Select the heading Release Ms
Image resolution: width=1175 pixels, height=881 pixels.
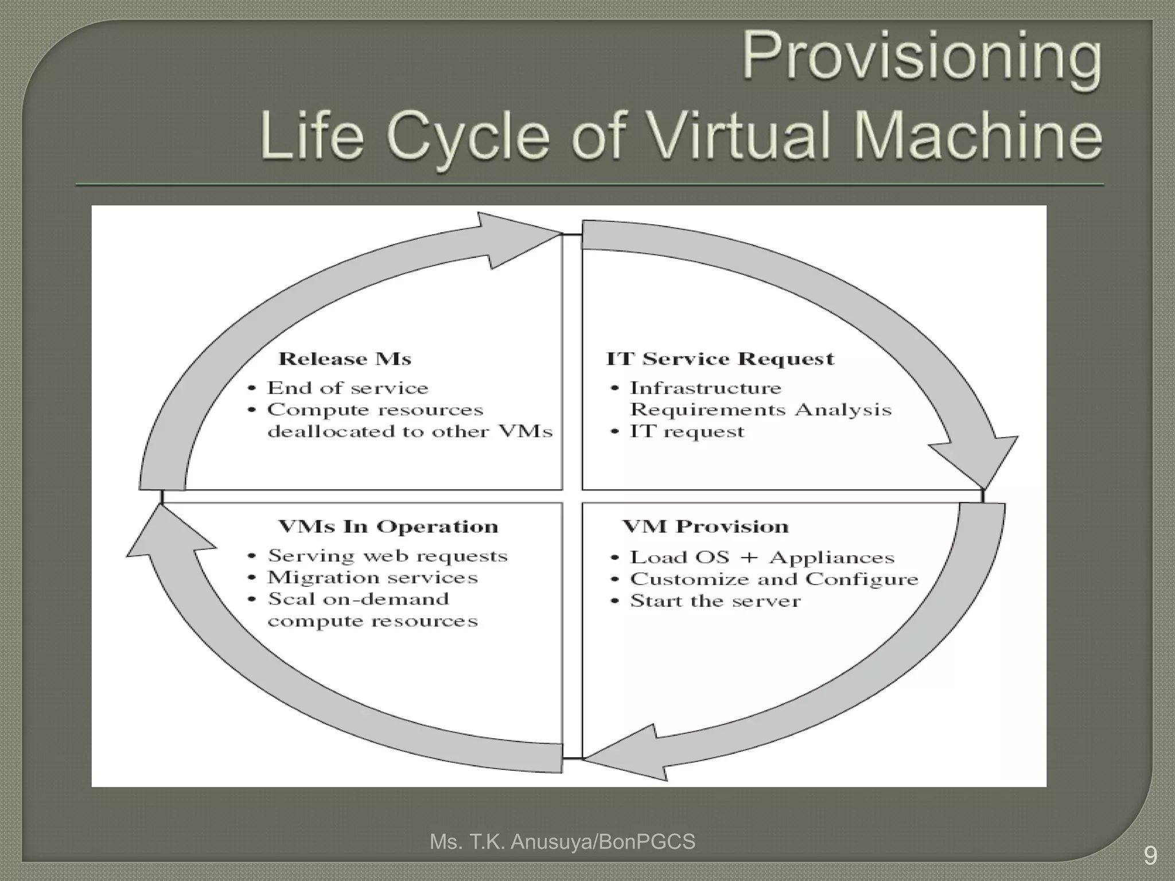(345, 359)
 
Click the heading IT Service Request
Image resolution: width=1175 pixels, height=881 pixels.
(720, 359)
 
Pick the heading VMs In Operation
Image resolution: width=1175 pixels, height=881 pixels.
(388, 527)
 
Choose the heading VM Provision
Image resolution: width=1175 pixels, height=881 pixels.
(705, 527)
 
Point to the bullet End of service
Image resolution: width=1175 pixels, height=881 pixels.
(348, 388)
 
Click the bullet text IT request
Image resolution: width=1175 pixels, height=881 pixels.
(687, 431)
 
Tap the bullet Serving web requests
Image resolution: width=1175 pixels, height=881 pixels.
(388, 556)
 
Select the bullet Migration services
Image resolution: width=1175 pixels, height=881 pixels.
(372, 578)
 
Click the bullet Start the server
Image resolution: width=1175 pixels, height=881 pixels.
(715, 601)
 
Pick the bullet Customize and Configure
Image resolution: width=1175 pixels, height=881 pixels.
(774, 579)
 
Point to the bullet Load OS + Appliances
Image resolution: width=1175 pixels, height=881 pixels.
(762, 558)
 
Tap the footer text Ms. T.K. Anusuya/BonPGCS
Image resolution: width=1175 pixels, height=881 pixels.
(562, 842)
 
